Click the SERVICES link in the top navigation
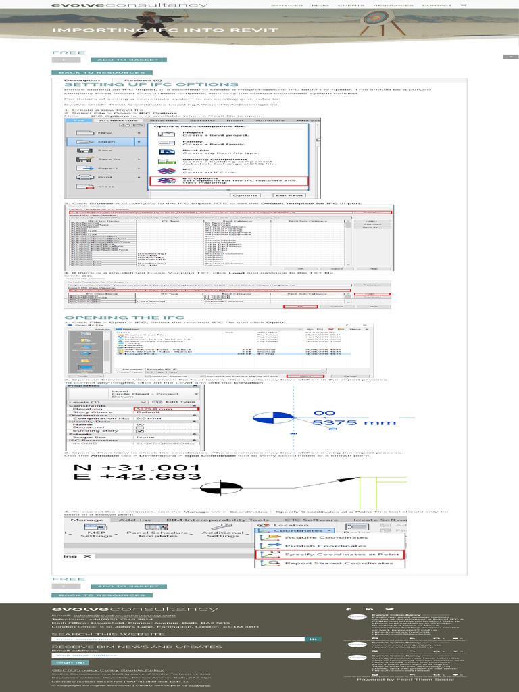pyautogui.click(x=287, y=5)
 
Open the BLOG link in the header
pyautogui.click(x=320, y=5)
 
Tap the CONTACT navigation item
pyautogui.click(x=437, y=5)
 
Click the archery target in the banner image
pyautogui.click(x=372, y=20)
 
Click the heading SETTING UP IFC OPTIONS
pyautogui.click(x=151, y=84)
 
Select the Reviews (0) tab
pyautogui.click(x=143, y=80)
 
